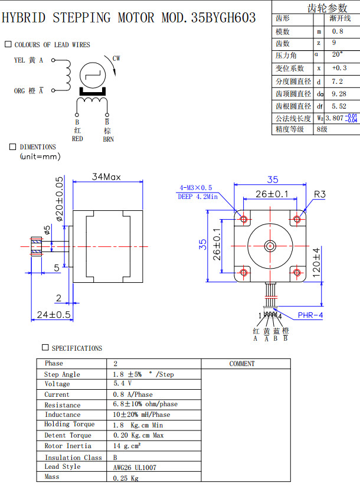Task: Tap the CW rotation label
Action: (116, 58)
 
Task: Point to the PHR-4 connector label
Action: (310, 315)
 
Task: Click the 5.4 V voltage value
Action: (122, 384)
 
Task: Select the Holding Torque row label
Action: (69, 425)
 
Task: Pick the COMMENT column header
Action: (242, 364)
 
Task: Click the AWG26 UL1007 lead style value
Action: (135, 467)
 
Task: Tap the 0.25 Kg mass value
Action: (126, 478)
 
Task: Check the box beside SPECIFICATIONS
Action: (45, 348)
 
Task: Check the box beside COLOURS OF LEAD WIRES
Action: (8, 44)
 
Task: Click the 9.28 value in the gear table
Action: (339, 93)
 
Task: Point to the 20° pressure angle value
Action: (337, 55)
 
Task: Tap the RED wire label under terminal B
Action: (77, 139)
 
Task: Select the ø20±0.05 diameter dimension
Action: (59, 198)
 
